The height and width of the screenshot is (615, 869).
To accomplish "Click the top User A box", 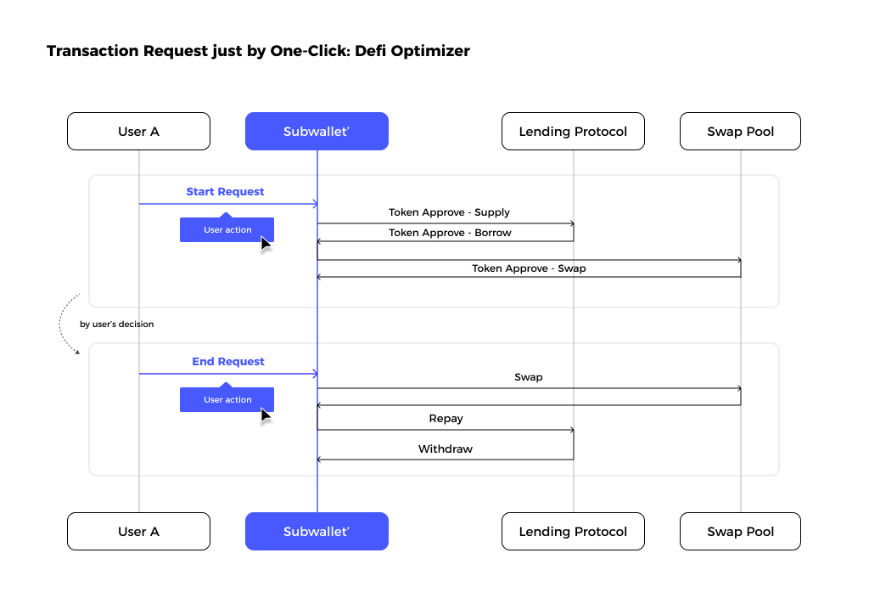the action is coord(138,132).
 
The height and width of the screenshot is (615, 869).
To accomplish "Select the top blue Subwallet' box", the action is coord(317,132).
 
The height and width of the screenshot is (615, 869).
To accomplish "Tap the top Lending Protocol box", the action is coord(573,132).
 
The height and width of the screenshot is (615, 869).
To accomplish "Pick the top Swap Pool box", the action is coord(740,132).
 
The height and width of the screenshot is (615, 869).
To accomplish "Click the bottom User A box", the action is coord(138,531).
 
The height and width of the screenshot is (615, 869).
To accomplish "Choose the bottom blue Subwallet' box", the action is coord(317,531).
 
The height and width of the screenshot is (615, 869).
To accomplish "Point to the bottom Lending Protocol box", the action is coord(573,531).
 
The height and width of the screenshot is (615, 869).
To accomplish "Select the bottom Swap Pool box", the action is coord(740,531).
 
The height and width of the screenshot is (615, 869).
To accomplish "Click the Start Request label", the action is coord(225,192).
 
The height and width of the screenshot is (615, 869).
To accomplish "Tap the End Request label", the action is coord(228,362).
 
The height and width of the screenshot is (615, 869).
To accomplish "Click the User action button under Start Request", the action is coord(227,229).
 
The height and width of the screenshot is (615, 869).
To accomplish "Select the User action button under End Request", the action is coord(227,398).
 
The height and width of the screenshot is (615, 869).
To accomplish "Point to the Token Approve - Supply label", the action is coord(449,212).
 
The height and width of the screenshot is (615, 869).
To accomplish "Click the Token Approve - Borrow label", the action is coord(450,233).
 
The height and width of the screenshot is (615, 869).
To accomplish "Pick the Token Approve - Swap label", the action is coord(529,268).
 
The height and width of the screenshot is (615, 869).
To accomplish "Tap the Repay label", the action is coord(446,419).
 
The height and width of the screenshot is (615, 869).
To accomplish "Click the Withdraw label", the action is coord(446,449).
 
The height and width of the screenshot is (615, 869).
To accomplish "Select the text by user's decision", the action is coord(117,324).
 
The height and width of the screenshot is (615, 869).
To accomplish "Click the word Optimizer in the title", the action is coord(430,51).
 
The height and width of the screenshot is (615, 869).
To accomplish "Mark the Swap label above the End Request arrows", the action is coord(529,377).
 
